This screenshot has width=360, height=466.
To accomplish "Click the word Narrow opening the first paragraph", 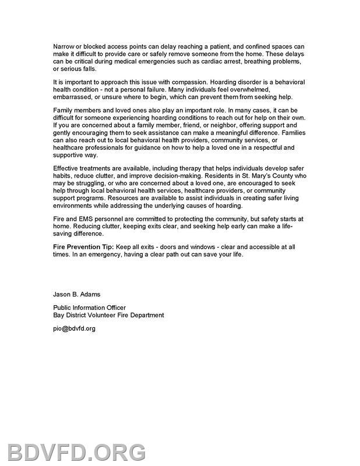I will click(x=63, y=46).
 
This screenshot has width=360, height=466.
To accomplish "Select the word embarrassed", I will click(x=73, y=97).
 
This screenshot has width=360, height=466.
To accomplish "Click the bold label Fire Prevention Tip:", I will click(x=83, y=247).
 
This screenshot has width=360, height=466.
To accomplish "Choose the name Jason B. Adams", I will click(x=76, y=294).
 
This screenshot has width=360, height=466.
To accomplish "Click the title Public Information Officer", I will click(x=89, y=308).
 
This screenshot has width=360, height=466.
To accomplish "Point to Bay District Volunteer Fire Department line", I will click(x=108, y=315).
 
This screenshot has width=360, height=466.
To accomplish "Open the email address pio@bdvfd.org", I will click(x=74, y=329).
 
